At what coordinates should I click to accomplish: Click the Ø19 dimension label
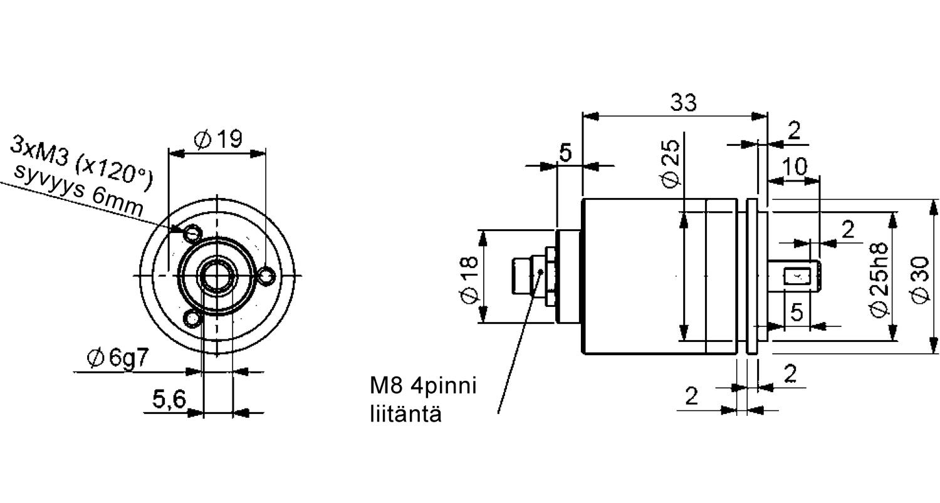217,140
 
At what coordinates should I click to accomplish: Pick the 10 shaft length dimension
795,166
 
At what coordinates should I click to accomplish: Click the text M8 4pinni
422,385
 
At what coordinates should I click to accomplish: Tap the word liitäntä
405,414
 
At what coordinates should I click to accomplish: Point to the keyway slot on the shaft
798,276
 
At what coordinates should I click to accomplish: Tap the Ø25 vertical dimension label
670,163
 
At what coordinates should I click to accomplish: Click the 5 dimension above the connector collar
565,152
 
